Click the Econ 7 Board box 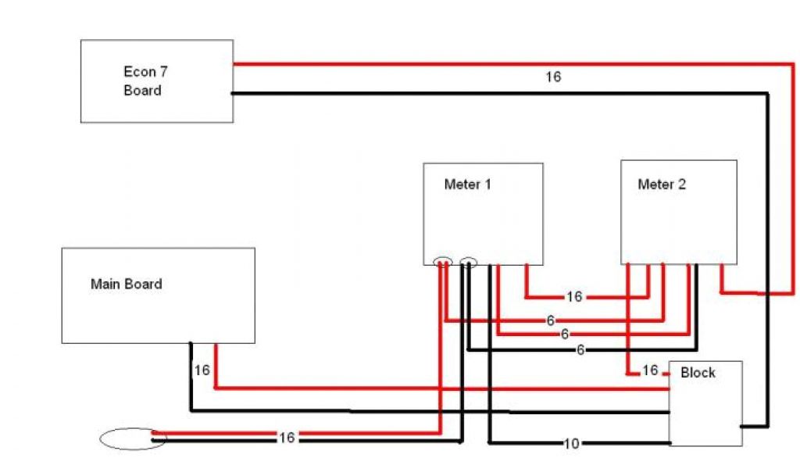157,81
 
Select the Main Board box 158,295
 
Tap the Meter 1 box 483,213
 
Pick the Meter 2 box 678,212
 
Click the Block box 705,403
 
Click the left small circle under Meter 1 442,263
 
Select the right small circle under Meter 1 469,263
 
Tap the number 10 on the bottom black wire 571,444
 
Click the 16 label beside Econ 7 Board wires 553,77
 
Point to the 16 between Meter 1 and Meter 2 574,297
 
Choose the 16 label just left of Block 650,371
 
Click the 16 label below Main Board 202,371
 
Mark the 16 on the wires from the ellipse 287,439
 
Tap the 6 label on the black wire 580,350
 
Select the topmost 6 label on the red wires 551,320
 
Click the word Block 698,373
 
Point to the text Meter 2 662,184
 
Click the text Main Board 127,284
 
